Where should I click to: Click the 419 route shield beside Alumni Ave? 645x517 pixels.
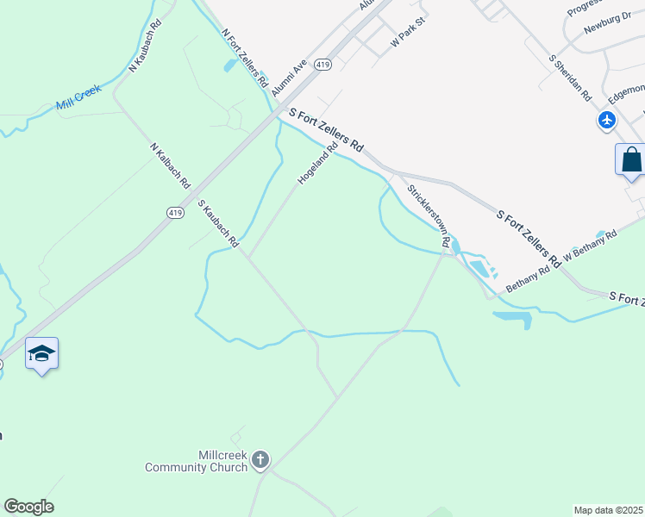(322, 65)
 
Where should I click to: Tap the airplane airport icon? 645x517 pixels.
(607, 120)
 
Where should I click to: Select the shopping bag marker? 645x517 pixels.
(631, 160)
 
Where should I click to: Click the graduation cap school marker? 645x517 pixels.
(41, 353)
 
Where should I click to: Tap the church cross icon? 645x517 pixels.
(260, 461)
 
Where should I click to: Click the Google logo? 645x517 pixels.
(28, 507)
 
